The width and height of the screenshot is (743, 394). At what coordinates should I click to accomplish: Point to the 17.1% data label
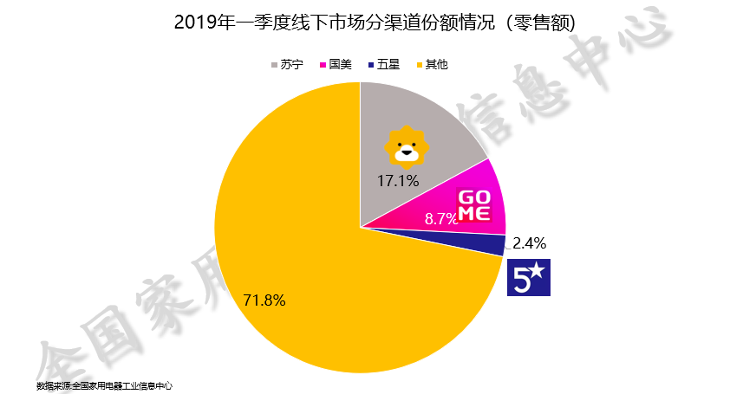[398, 181]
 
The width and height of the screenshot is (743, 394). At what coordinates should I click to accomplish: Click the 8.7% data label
[440, 219]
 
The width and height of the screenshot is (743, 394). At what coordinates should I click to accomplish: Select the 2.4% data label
[530, 243]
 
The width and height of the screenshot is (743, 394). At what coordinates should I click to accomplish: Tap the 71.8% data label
[264, 300]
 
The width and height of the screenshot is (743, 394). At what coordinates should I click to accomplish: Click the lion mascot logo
[405, 145]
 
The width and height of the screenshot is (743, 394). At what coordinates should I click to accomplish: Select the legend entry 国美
[339, 65]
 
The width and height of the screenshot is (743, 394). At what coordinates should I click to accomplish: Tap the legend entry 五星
[388, 65]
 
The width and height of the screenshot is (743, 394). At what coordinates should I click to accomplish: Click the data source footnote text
[104, 385]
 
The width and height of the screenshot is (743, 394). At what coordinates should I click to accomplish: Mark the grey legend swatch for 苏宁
[275, 65]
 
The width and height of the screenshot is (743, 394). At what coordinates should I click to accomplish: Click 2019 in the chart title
[195, 22]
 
